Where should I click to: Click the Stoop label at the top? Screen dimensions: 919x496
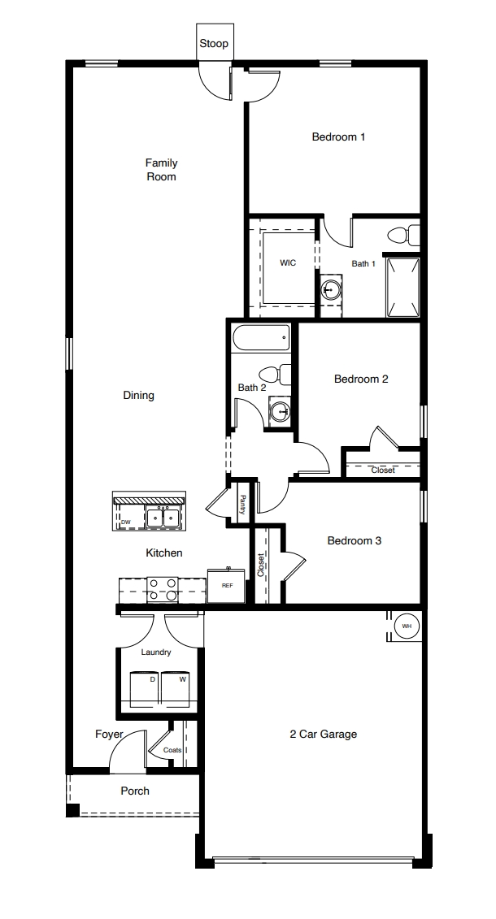pos(214,44)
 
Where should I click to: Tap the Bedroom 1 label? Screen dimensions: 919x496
pos(338,137)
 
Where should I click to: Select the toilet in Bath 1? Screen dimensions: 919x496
pos(402,236)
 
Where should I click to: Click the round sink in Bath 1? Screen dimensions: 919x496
pos(330,288)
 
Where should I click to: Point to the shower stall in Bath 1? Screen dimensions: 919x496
pos(402,287)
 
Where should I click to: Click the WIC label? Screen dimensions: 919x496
pos(288,263)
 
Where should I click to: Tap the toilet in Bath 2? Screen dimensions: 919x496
pos(283,375)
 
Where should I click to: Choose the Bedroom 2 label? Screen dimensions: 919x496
pos(361,379)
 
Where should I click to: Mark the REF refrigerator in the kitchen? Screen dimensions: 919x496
pos(227,585)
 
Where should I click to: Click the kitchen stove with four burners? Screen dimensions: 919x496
pos(163,589)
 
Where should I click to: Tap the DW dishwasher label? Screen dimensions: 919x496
pos(126,522)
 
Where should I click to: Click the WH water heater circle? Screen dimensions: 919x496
pos(407,626)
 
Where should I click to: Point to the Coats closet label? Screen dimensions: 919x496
pos(172,750)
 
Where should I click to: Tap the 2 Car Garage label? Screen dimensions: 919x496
pos(323,734)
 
